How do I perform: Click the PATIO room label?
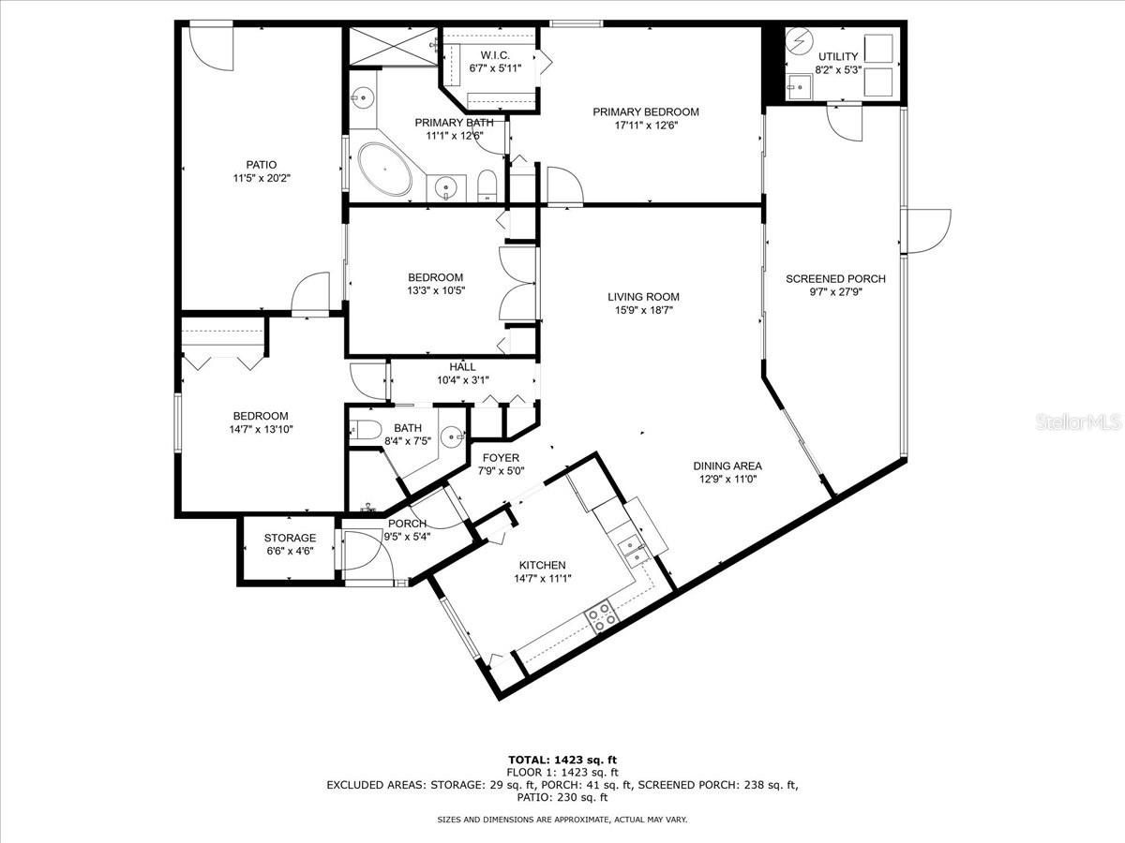point(261,165)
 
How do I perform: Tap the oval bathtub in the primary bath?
point(384,170)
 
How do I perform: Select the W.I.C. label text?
point(494,54)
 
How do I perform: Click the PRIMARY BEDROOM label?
point(645,111)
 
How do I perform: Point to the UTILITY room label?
point(836,56)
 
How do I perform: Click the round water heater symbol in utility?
point(800,43)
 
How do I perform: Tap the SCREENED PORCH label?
point(834,278)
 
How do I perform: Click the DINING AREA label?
point(727,466)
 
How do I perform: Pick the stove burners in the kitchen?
point(602,615)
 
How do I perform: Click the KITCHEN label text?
point(542,565)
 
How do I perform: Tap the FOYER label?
point(500,458)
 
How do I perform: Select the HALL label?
point(462,367)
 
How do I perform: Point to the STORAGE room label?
point(289,538)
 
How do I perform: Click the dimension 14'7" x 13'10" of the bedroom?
point(247,429)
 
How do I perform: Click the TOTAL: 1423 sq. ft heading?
point(562,760)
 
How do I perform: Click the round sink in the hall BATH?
point(454,436)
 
